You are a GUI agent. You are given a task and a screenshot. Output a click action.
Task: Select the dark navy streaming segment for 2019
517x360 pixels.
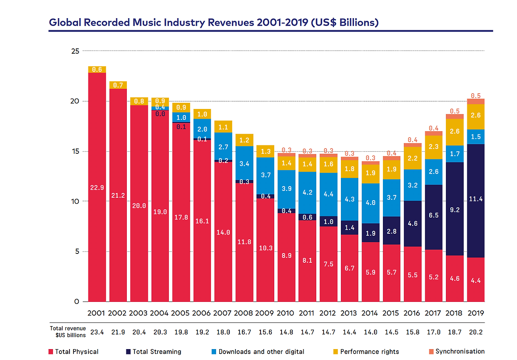pyautogui.click(x=475, y=226)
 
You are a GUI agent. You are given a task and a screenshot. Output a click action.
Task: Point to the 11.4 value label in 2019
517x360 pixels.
pyautogui.click(x=475, y=199)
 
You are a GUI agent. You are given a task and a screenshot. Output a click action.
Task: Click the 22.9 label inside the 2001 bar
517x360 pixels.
pyautogui.click(x=97, y=187)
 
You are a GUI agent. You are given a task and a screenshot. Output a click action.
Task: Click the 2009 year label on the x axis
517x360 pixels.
pyautogui.click(x=265, y=313)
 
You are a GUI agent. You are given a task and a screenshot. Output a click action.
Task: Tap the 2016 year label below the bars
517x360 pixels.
pyautogui.click(x=412, y=313)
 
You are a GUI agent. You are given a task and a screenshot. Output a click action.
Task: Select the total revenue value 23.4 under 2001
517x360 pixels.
pyautogui.click(x=97, y=332)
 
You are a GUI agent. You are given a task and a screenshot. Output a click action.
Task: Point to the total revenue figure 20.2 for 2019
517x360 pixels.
pyautogui.click(x=475, y=332)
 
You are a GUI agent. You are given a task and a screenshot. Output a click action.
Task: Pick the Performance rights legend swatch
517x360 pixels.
pyautogui.click(x=336, y=352)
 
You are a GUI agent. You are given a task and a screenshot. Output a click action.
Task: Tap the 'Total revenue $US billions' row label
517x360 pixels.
pyautogui.click(x=68, y=332)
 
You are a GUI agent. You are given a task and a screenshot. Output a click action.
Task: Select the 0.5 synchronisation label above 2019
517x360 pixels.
pyautogui.click(x=475, y=96)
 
